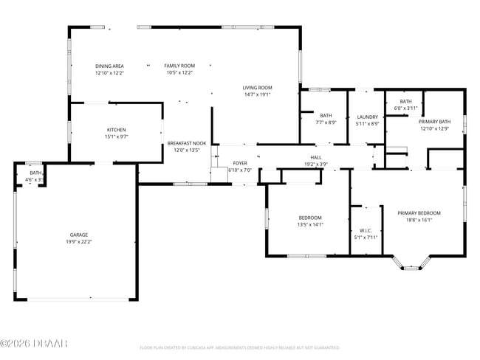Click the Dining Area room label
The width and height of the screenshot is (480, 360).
click(x=109, y=66)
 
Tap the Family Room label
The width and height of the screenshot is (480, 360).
click(x=179, y=66)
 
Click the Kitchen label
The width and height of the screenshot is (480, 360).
click(x=116, y=130)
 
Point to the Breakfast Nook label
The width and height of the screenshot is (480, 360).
click(x=186, y=143)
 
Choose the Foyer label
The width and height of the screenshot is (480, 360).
click(x=240, y=163)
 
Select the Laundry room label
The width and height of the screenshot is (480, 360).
click(x=367, y=117)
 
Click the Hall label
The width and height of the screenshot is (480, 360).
click(x=315, y=157)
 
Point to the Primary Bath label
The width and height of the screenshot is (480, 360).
click(x=434, y=122)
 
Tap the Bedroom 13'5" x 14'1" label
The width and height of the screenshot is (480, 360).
click(x=310, y=218)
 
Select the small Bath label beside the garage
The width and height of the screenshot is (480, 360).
click(x=35, y=173)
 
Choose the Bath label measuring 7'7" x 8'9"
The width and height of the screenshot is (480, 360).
click(x=326, y=115)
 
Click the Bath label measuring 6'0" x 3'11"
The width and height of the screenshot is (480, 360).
click(x=405, y=101)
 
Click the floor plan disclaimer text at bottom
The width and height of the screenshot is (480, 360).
click(x=239, y=347)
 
